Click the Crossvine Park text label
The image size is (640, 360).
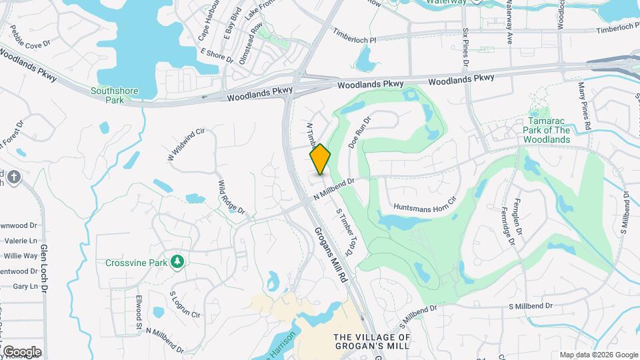[135, 263]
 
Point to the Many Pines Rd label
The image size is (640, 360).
[585, 107]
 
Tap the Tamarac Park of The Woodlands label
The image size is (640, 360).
[546, 130]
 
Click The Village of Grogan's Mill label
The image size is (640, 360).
[372, 343]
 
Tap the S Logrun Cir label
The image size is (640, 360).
[185, 303]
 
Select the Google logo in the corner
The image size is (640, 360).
[21, 351]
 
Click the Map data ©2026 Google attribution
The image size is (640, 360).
[598, 355]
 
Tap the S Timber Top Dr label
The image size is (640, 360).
[344, 232]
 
